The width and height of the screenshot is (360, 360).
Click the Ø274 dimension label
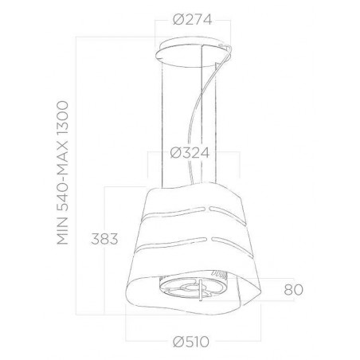click(193, 20)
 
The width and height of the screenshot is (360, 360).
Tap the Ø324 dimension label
click(190, 153)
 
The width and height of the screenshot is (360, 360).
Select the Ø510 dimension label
click(191, 342)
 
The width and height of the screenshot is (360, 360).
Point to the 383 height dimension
click(104, 239)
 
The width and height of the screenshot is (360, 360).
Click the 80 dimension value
click(293, 290)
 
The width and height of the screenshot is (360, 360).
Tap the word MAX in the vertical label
click(63, 155)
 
